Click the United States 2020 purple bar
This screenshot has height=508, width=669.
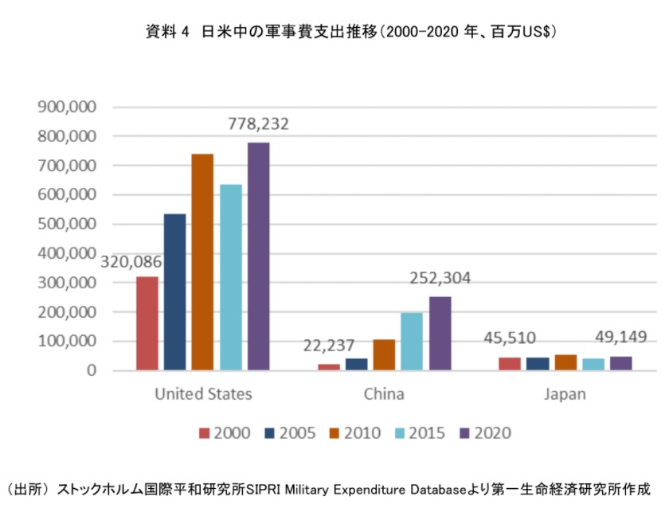click(258, 256)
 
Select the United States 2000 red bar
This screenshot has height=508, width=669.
click(147, 323)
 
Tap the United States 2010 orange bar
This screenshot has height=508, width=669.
click(202, 262)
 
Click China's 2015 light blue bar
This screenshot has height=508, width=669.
click(412, 342)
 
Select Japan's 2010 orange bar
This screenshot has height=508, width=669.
click(565, 362)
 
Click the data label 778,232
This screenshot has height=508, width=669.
click(258, 124)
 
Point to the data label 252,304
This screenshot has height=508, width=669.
click(440, 279)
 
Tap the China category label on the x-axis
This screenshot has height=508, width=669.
click(384, 394)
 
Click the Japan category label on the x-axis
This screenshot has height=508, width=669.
click(565, 394)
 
